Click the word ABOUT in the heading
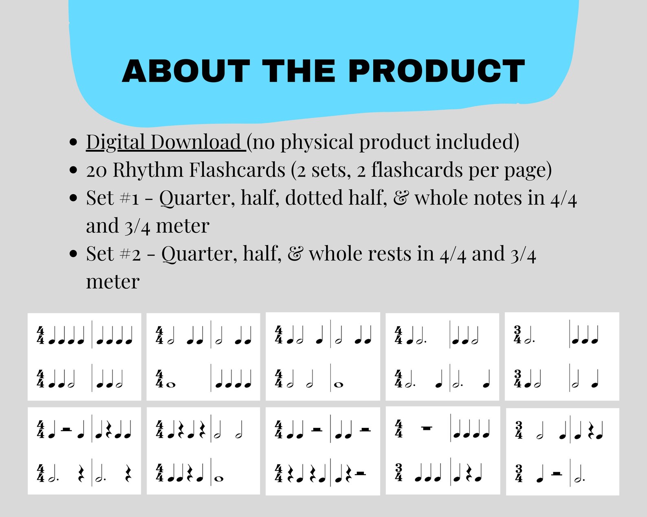[x=186, y=71]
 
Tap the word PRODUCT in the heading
[x=436, y=71]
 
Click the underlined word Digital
[x=115, y=142]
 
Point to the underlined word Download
[x=196, y=142]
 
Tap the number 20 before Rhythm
[x=97, y=170]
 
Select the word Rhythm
[x=147, y=170]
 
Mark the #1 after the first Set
[x=130, y=198]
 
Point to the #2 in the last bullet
[x=130, y=254]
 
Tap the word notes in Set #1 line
[x=497, y=198]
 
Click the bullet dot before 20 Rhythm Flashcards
[x=73, y=170]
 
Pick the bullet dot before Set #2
[x=73, y=254]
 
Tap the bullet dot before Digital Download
[x=73, y=142]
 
